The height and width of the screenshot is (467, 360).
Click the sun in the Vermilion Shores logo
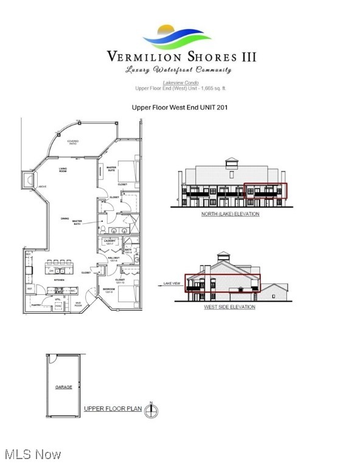[x=167, y=29]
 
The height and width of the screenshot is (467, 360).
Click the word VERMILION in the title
[x=142, y=57]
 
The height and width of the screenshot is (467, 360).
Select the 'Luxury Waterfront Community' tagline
[x=179, y=70]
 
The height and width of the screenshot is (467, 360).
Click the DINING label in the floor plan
[x=64, y=219]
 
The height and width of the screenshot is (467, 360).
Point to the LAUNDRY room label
[x=111, y=241]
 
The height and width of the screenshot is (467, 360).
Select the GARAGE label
[x=64, y=387]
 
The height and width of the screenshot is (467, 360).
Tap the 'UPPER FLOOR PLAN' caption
[x=112, y=409]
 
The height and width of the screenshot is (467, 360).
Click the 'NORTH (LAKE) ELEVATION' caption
[x=230, y=214]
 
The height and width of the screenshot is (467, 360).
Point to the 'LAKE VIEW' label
[x=172, y=283]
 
